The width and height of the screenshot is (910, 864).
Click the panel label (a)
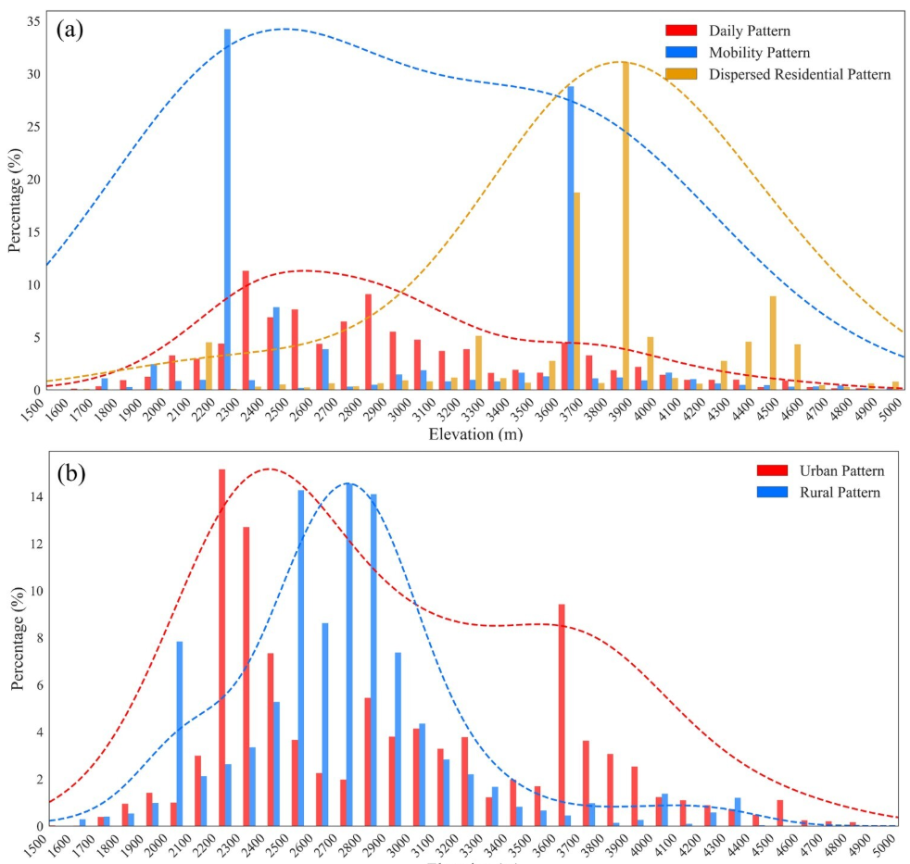[x=70, y=29]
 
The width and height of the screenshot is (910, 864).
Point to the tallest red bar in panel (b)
[x=222, y=647]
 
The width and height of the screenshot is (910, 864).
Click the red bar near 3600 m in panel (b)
[x=562, y=714]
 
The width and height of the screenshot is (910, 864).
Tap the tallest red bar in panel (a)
[x=246, y=330]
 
